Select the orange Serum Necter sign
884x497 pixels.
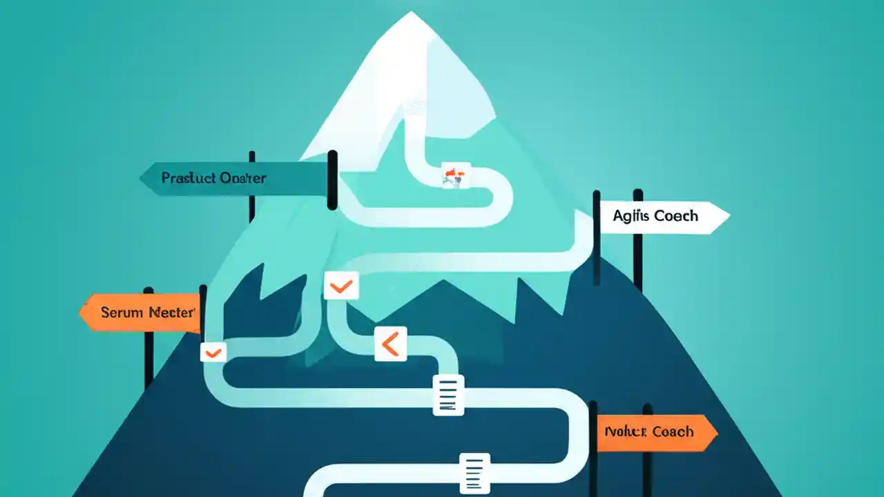pyautogui.click(x=142, y=313)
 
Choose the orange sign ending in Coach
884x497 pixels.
pyautogui.click(x=653, y=432)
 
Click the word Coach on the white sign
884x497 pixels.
pyautogui.click(x=676, y=216)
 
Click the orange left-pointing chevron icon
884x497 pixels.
pyautogui.click(x=390, y=344)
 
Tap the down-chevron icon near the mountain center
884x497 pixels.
pyautogui.click(x=341, y=286)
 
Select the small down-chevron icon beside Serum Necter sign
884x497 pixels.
pyautogui.click(x=213, y=353)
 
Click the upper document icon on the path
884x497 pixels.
pyautogui.click(x=448, y=395)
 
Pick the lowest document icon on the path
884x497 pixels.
pyautogui.click(x=474, y=474)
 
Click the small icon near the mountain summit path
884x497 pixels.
pyautogui.click(x=455, y=175)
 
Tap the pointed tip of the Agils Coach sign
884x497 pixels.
pyautogui.click(x=728, y=217)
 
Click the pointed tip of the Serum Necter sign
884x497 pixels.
pyautogui.click(x=81, y=313)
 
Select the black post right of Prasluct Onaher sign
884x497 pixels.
pyautogui.click(x=332, y=179)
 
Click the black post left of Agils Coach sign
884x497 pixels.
pyautogui.click(x=596, y=238)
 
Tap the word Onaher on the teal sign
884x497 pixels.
pyautogui.click(x=242, y=178)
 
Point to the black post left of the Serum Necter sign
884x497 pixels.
pyautogui.click(x=148, y=338)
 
